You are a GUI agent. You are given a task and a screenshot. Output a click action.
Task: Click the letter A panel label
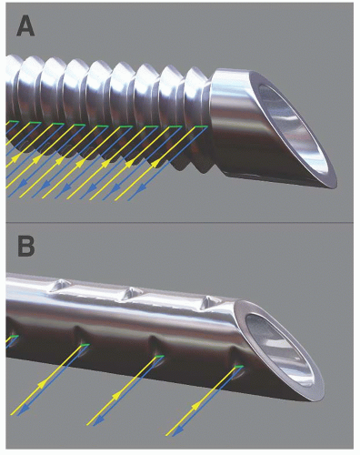(x=25, y=26)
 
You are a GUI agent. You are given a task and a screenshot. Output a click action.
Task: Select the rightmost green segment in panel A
(x=201, y=126)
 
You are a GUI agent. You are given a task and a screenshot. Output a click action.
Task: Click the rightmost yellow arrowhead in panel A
(x=155, y=164)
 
